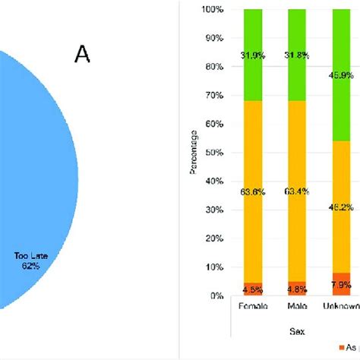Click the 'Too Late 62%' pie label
(31, 261)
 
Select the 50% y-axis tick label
(213, 153)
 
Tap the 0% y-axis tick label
(216, 296)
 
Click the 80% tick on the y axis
(213, 67)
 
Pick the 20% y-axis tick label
(213, 239)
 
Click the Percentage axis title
(193, 153)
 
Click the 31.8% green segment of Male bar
(295, 55)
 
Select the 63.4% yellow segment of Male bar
(295, 191)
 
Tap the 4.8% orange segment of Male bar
(295, 289)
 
